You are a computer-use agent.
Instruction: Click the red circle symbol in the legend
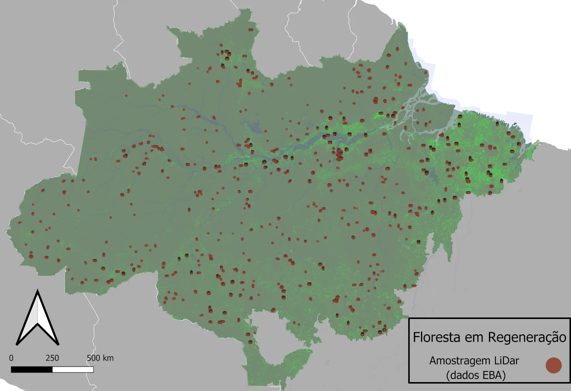click(554, 365)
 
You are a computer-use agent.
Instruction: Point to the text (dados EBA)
click(476, 375)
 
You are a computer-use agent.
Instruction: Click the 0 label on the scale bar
click(11, 358)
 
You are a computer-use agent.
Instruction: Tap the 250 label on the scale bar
click(52, 358)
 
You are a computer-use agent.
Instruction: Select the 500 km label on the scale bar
click(100, 358)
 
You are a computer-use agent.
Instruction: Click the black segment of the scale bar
click(32, 369)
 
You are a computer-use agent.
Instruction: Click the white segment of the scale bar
click(73, 369)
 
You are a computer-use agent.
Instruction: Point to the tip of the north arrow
click(37, 291)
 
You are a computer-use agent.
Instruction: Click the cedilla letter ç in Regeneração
click(550, 339)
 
